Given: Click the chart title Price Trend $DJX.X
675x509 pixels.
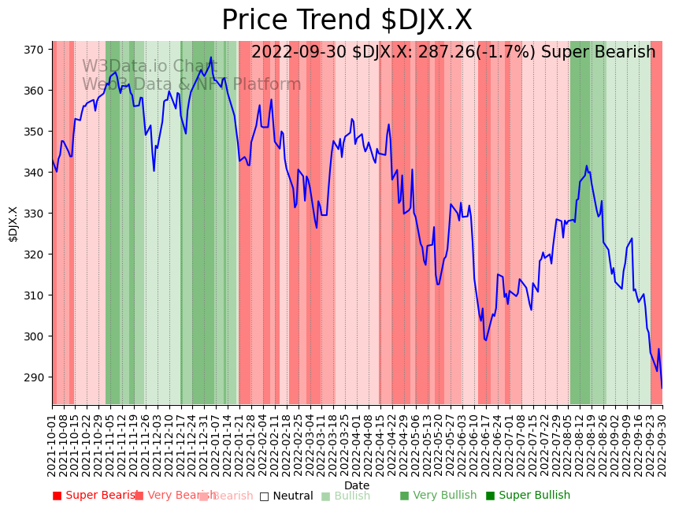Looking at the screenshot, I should point(347,20).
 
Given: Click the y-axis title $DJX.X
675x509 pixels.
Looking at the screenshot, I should point(13,224).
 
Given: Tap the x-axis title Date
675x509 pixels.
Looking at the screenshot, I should point(357,485).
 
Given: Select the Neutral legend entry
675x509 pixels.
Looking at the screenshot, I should point(287,496).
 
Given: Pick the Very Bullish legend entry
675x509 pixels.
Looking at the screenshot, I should point(438,496).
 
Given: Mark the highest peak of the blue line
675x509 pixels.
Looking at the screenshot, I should point(211,58).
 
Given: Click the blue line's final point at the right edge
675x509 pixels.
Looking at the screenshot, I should point(662,388).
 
